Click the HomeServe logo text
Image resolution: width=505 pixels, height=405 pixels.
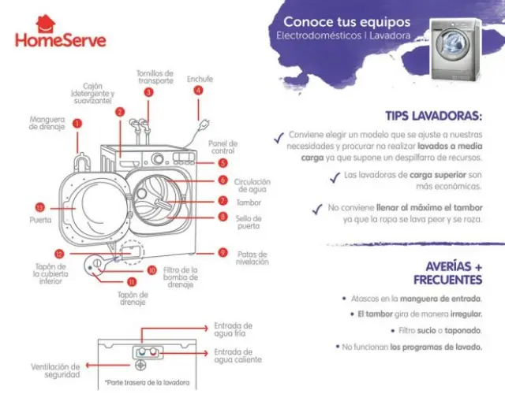tap(60, 39)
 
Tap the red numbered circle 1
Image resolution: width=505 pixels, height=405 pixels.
tap(77, 123)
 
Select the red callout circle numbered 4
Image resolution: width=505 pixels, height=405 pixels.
tap(198, 91)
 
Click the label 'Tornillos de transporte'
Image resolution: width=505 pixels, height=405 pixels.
tap(155, 76)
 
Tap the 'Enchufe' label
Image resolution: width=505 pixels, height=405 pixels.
tap(200, 79)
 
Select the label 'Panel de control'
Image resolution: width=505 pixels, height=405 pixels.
tap(223, 147)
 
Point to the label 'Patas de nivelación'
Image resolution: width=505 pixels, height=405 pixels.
tap(252, 258)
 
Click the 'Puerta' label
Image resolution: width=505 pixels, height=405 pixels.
tap(40, 221)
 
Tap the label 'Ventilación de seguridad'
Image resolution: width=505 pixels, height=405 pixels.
tap(55, 370)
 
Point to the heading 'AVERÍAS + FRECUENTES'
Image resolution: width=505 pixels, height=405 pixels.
tap(448, 273)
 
